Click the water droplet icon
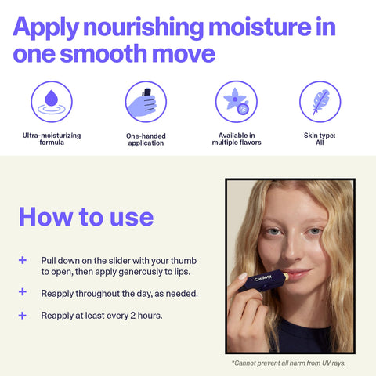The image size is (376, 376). point(51,102)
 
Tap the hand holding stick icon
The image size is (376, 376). point(146,102)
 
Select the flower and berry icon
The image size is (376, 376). point(237,102)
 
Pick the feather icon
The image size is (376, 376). point(320,102)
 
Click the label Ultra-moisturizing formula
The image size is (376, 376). point(51,139)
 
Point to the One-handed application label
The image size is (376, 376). point(146,139)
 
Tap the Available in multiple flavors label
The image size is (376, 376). point(237,139)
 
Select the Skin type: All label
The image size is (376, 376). point(320,139)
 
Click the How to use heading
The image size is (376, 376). point(86,216)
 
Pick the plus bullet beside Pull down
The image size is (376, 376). point(23,260)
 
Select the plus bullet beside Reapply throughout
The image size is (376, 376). point(23,293)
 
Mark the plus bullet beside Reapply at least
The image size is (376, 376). point(23,316)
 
